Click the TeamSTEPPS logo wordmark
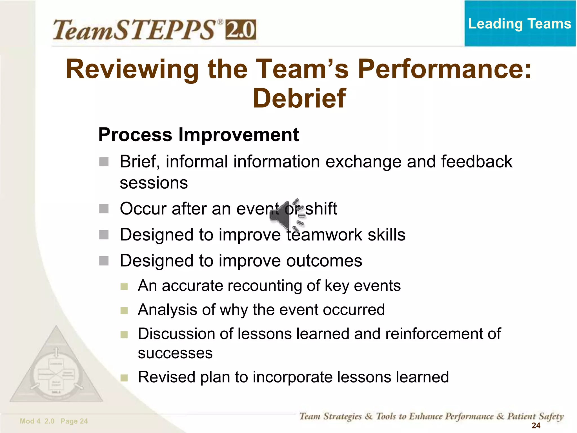[x=135, y=30]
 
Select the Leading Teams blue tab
[x=520, y=24]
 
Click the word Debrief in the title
[x=299, y=98]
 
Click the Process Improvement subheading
[x=198, y=135]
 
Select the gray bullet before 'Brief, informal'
[x=104, y=162]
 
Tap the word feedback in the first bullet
[x=476, y=162]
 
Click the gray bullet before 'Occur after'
[x=104, y=209]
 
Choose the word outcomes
[x=324, y=260]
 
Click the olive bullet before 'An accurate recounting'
[x=124, y=286]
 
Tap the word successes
[x=175, y=353]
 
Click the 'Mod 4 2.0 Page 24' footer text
[x=54, y=421]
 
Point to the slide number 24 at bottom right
[x=536, y=425]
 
